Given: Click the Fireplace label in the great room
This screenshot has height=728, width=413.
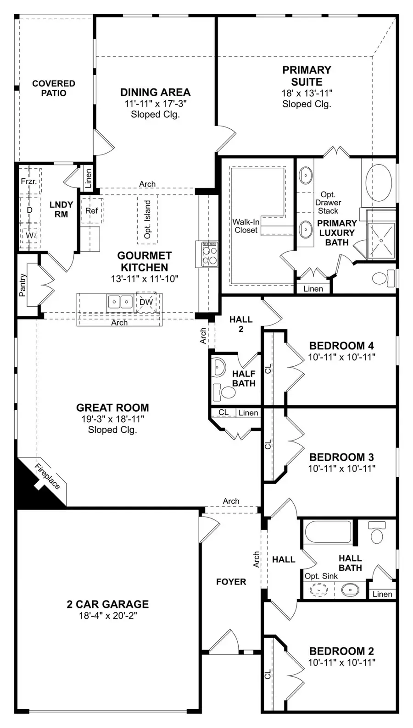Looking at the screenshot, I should click(48, 476).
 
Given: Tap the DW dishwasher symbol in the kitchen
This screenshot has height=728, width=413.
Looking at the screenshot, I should click(146, 302).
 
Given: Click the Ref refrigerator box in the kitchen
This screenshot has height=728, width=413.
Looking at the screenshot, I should click(91, 210).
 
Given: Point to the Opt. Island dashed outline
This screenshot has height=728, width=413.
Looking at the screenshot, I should click(147, 219).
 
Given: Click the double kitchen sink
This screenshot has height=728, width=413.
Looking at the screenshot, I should click(120, 302).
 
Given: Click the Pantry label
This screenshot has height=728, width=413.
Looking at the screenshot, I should click(22, 285).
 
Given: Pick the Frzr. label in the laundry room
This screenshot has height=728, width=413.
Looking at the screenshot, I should click(28, 182).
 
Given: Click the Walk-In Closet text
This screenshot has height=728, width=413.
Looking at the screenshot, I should click(246, 226).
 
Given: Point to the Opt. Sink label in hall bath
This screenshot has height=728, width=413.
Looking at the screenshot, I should click(321, 576).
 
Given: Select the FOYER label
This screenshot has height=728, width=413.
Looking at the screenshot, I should click(231, 582).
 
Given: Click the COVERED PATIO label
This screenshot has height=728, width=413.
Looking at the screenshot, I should click(54, 88).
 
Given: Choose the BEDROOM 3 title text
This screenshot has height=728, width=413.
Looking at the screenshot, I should click(341, 457).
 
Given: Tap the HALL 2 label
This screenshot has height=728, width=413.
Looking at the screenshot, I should click(241, 324).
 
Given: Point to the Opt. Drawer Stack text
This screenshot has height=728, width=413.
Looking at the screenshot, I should click(328, 203).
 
